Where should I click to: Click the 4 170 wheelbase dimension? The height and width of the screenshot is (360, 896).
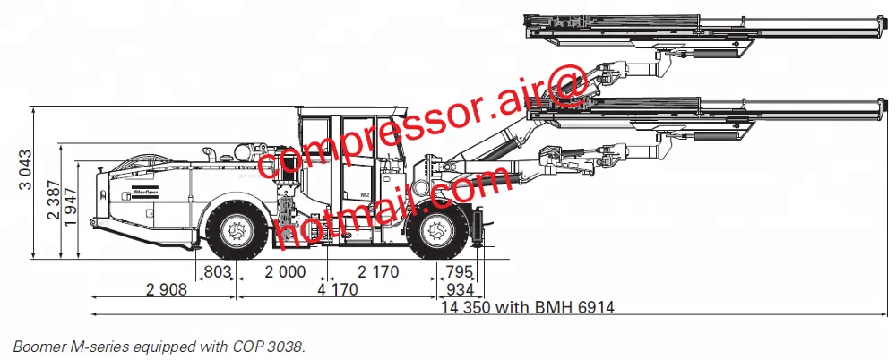click(336, 289)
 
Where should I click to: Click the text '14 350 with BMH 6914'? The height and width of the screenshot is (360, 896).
click(528, 307)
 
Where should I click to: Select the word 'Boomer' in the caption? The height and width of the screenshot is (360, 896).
click(37, 345)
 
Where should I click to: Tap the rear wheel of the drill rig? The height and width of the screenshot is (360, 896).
click(236, 230)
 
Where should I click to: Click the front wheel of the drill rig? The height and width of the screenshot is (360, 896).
click(437, 230)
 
